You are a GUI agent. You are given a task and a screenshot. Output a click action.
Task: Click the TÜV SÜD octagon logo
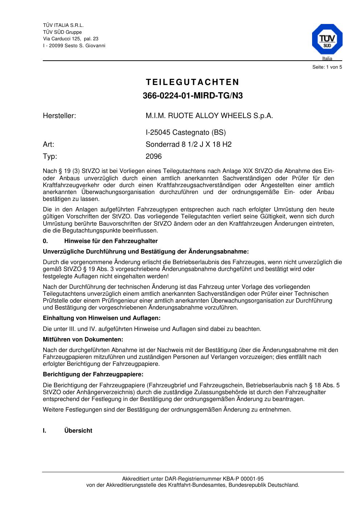327,39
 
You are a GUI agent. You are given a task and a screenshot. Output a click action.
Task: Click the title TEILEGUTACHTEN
192,82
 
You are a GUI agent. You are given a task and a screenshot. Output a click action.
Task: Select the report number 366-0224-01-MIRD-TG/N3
192,96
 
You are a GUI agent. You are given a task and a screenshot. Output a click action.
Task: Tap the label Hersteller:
59,116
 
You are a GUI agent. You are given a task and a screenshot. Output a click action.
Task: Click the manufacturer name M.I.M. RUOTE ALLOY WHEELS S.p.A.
209,116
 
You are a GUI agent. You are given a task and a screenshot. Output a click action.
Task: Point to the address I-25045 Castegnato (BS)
185,133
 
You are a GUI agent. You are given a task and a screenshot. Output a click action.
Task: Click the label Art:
48,145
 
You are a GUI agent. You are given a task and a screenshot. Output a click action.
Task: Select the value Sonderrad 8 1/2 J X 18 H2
188,145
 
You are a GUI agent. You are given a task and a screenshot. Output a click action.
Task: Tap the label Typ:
50,157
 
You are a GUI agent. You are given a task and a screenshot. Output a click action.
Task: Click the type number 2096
154,157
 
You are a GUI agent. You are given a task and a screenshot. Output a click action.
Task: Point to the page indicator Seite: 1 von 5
327,67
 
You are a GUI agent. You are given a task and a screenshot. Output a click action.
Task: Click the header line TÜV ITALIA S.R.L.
63,25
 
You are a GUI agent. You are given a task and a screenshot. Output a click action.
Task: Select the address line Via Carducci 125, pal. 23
70,39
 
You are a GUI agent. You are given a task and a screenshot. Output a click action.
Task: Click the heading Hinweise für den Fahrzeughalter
111,241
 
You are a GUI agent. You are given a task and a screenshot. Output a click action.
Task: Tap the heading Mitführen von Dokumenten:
83,340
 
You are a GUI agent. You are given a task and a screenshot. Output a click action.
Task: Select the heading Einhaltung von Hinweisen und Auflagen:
102,318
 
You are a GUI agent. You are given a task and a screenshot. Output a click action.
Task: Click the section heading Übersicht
78,431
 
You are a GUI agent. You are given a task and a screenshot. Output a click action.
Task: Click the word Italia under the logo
327,58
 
